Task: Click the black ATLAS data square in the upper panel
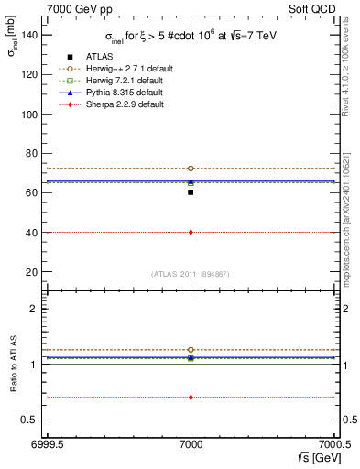tap(191, 192)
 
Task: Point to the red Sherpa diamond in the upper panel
tap(191, 232)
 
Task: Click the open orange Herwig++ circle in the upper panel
tap(191, 169)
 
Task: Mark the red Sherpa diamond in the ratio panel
tap(191, 398)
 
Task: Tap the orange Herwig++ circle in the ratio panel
tap(191, 350)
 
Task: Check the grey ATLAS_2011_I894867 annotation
tap(191, 275)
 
